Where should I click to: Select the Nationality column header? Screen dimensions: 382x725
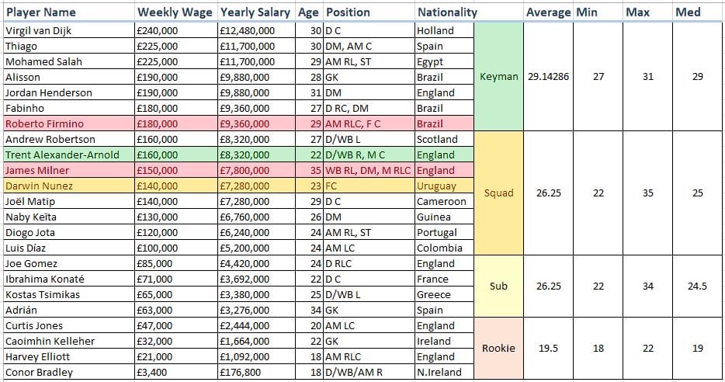tap(447, 12)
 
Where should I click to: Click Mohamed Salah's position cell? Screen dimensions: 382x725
tap(352, 62)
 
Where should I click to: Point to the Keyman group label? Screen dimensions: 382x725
tap(498, 77)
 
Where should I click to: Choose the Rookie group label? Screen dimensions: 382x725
tap(498, 348)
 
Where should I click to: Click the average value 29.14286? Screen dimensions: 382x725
tap(548, 77)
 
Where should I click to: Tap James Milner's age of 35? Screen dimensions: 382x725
tap(315, 171)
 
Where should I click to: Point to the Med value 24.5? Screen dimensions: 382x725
tap(698, 286)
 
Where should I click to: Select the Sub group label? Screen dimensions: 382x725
tap(498, 286)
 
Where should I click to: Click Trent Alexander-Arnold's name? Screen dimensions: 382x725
tap(62, 155)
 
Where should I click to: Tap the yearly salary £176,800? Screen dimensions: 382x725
tap(241, 373)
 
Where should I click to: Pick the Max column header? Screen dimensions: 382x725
tap(638, 12)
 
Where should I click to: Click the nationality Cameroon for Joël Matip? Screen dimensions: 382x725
tap(442, 202)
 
